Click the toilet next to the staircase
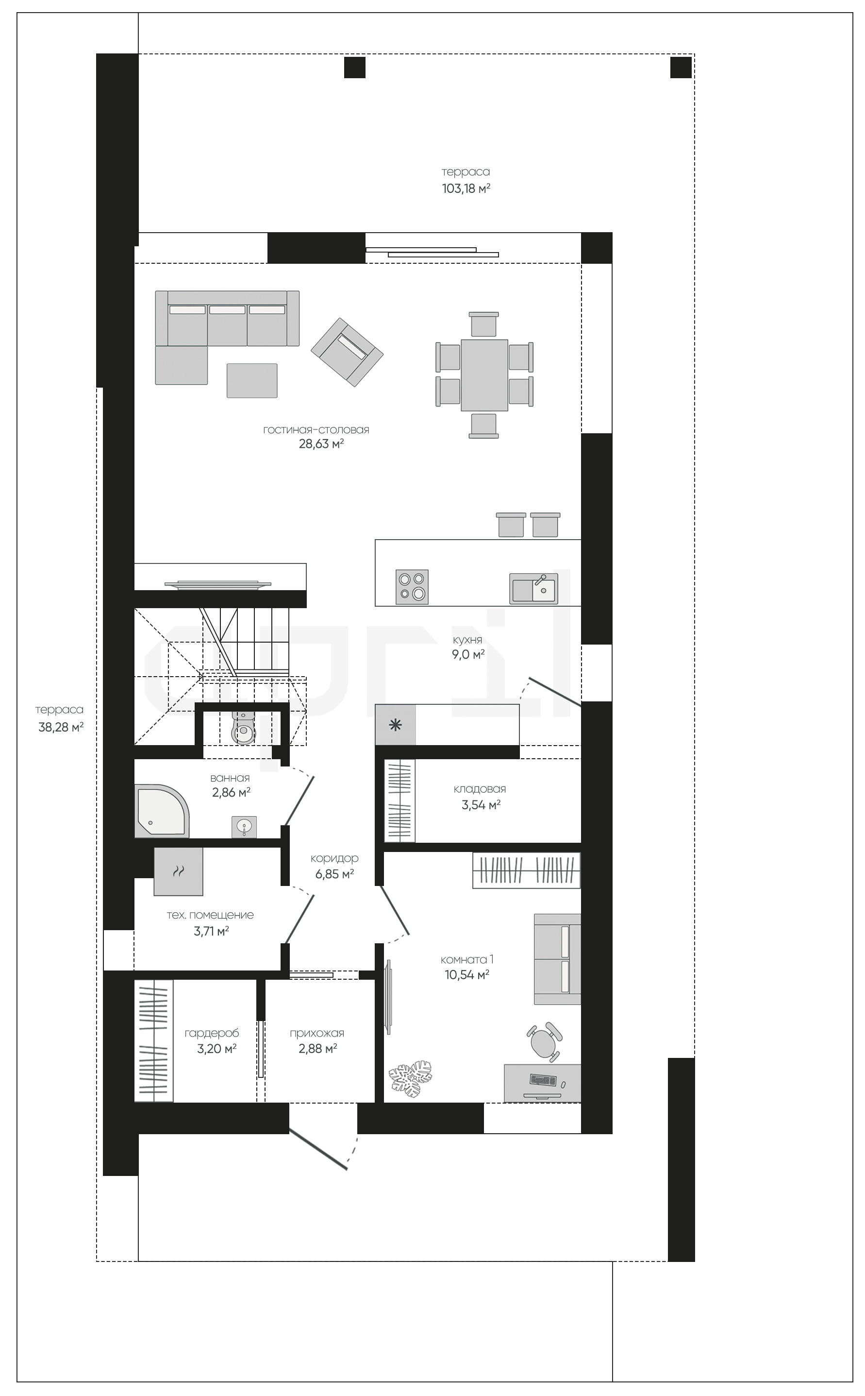pos(244,728)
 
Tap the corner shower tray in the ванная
pos(161,811)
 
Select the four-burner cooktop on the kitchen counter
pos(412,587)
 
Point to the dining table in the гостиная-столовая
pos(484,375)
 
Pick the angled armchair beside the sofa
pos(347,352)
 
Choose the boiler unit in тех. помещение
pos(179,871)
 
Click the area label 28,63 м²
pos(321,443)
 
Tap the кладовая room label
pos(480,789)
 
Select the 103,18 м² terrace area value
pos(466,188)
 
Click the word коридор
pos(334,859)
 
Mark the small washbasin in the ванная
pos(244,827)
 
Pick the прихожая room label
pos(316,1033)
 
